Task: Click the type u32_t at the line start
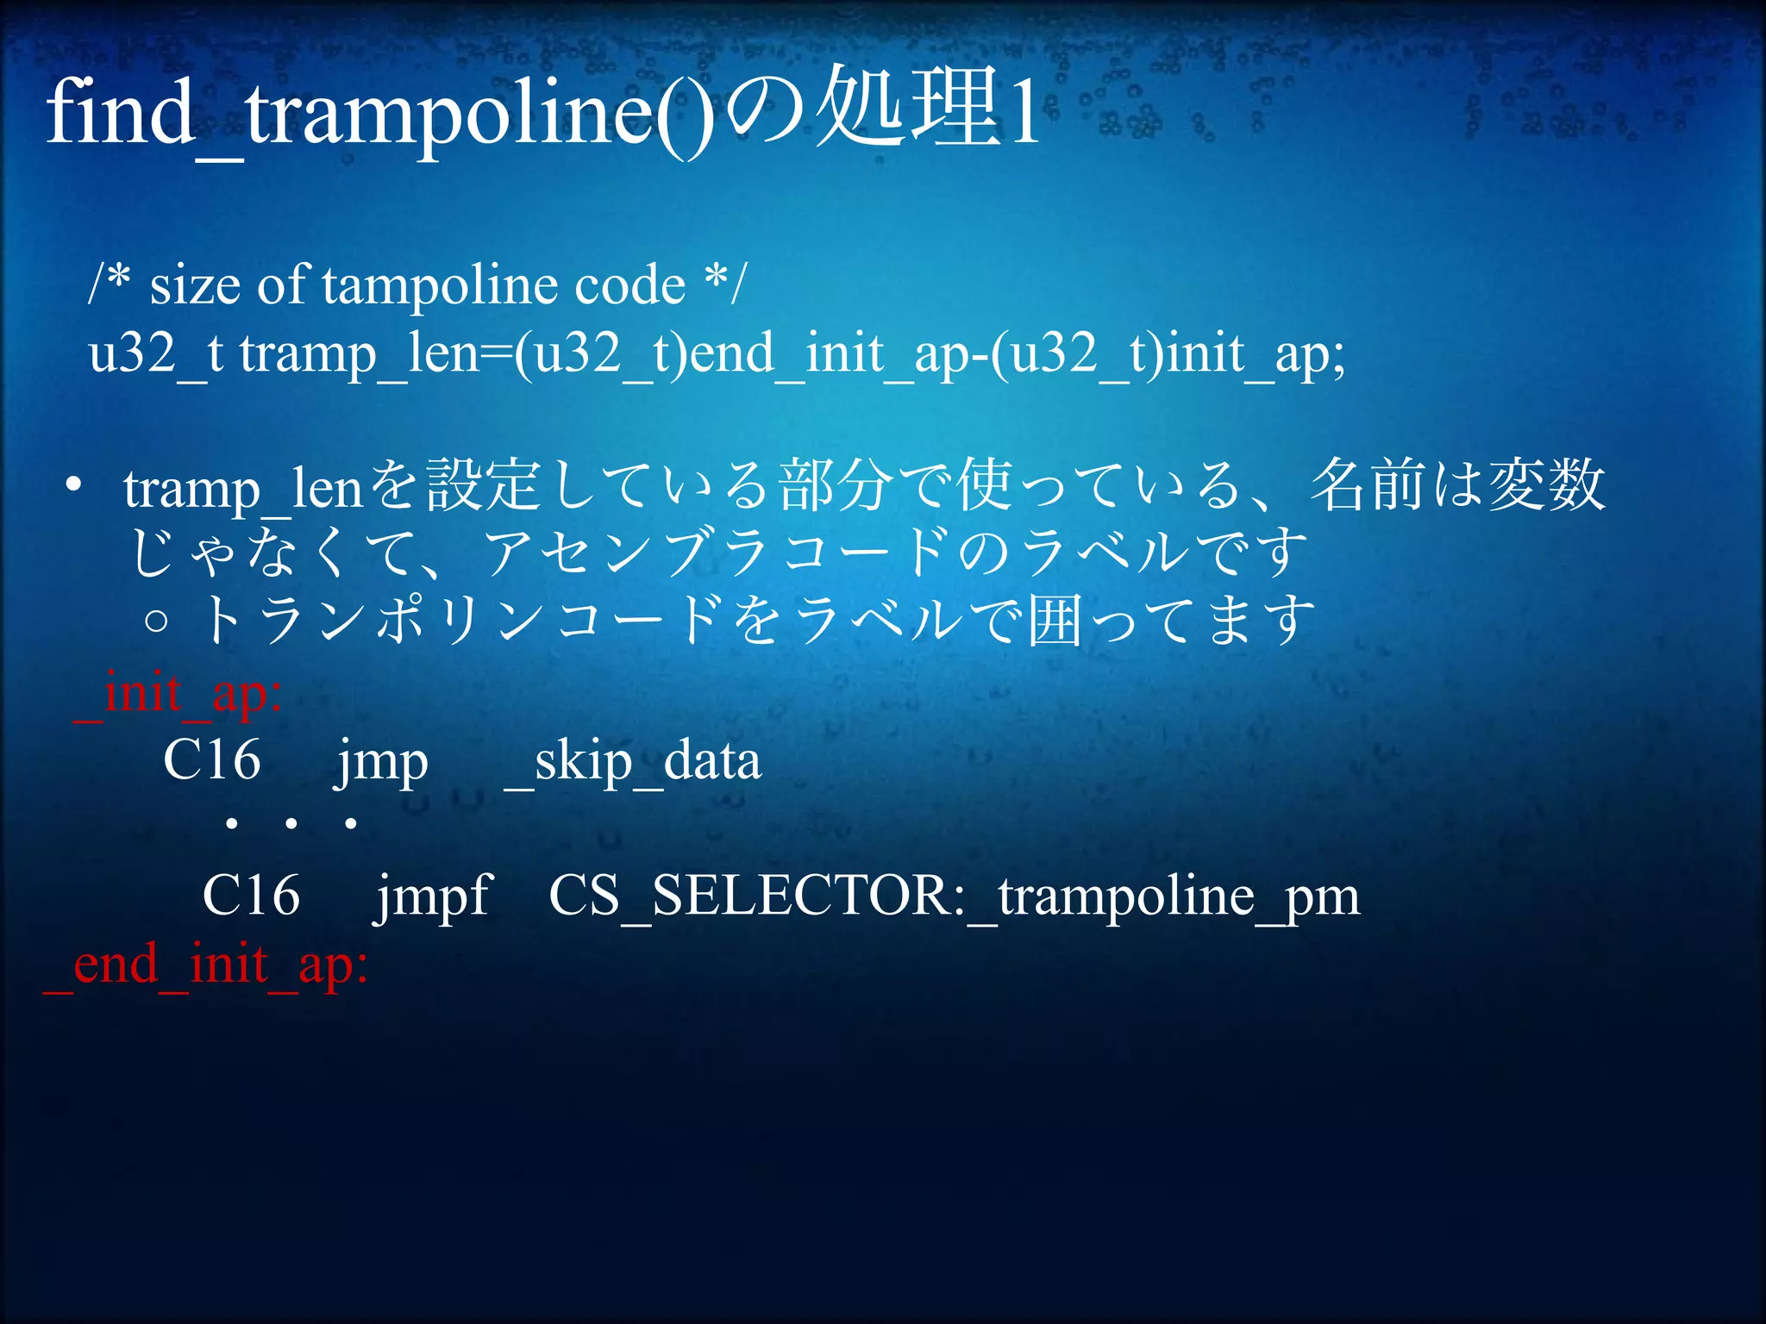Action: pyautogui.click(x=156, y=353)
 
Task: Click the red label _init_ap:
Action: pyautogui.click(x=178, y=695)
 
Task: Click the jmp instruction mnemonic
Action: pyautogui.click(x=381, y=762)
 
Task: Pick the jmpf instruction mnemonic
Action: pyautogui.click(x=433, y=896)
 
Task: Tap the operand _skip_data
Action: pyautogui.click(x=632, y=762)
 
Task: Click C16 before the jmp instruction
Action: pyautogui.click(x=212, y=760)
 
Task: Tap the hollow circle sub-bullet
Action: pyautogui.click(x=156, y=621)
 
